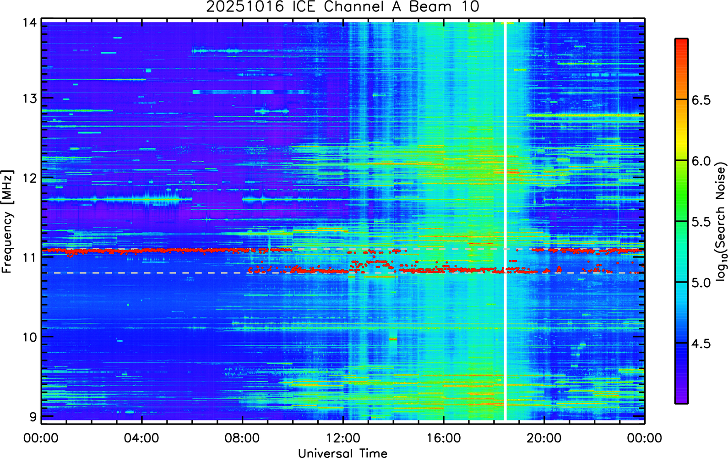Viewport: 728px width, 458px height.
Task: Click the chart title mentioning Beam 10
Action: [342, 6]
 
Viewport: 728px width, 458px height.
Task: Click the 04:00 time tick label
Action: [141, 438]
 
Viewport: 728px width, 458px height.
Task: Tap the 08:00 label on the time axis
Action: [242, 438]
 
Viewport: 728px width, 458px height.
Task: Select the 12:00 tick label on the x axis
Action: [343, 438]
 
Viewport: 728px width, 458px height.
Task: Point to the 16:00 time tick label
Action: [444, 438]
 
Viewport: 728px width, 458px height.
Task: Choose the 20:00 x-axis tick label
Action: [544, 438]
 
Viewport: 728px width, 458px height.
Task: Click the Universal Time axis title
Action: [342, 453]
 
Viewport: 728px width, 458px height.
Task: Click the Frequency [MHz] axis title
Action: [8, 222]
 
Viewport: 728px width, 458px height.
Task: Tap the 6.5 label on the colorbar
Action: [701, 100]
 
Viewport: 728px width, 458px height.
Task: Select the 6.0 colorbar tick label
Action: [701, 161]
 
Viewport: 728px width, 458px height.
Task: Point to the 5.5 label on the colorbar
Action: [701, 222]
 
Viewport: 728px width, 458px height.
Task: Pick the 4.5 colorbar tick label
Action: [701, 344]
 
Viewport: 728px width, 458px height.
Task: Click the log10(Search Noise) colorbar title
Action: [721, 222]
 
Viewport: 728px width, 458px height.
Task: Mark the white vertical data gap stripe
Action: [505, 221]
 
